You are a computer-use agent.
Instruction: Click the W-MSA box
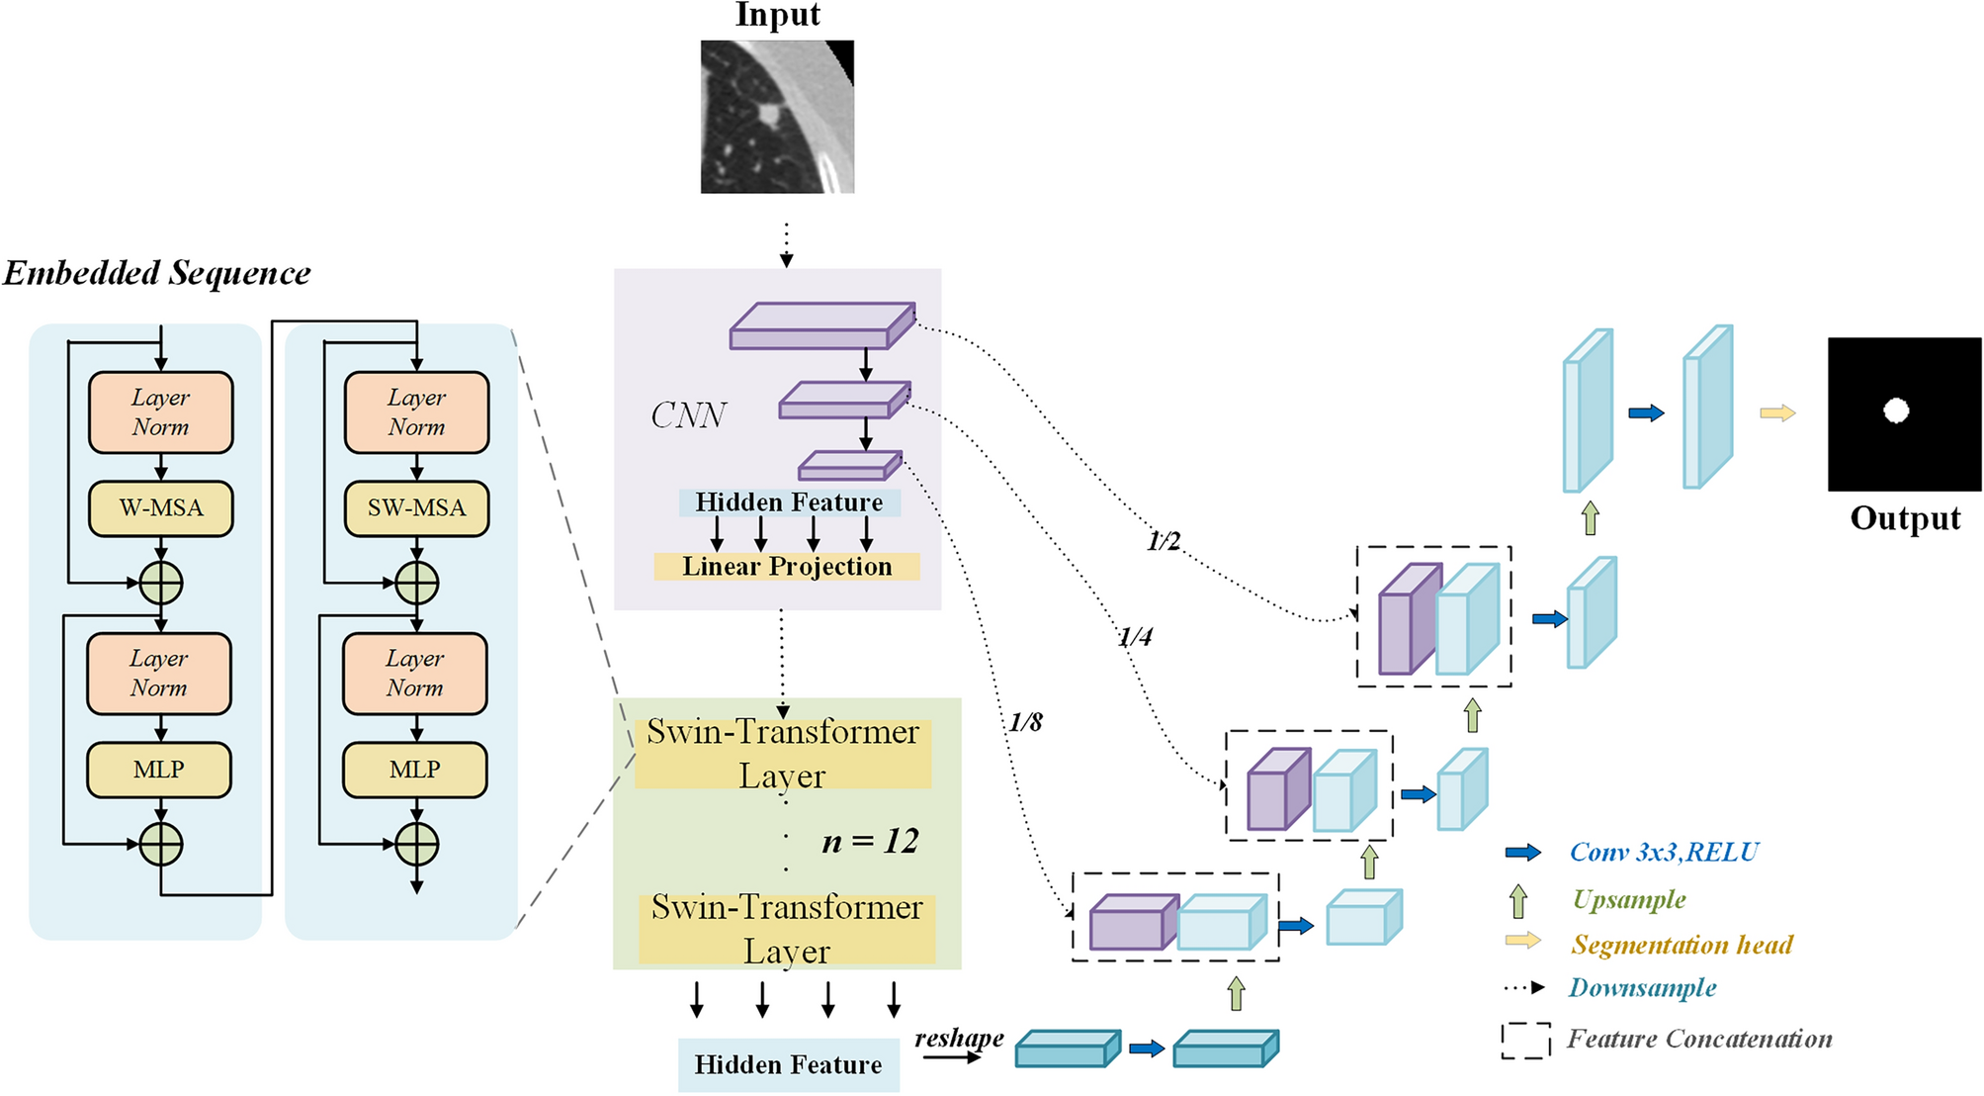(161, 508)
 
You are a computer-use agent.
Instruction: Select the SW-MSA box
(416, 508)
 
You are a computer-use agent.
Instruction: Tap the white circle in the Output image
(1895, 411)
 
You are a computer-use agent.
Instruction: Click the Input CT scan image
(777, 117)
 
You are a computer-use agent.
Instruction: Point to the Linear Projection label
(787, 567)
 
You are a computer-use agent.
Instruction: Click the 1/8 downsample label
(1025, 723)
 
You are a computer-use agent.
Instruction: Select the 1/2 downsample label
(1164, 541)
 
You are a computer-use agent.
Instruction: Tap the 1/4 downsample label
(1135, 637)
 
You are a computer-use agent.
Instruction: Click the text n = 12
(870, 842)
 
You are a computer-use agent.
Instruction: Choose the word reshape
(958, 1038)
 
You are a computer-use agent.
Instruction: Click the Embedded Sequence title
(156, 273)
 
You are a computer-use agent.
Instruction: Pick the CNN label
(688, 415)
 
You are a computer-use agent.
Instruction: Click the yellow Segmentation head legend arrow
(1522, 941)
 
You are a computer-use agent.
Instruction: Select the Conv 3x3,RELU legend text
(1664, 853)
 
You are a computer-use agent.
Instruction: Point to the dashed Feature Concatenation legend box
(1525, 1041)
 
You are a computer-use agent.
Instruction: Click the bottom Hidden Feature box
(788, 1065)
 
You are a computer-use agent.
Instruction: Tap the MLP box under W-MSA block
(159, 770)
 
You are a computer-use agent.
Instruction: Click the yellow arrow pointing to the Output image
(1777, 413)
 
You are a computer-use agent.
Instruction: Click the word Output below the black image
(1904, 518)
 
